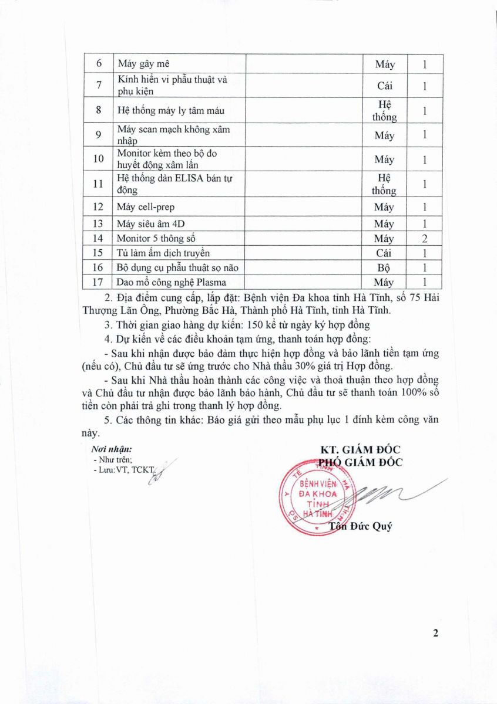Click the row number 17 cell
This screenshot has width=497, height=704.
(98, 282)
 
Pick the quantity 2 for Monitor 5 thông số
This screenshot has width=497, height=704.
(424, 238)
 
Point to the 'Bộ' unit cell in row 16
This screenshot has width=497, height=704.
(385, 268)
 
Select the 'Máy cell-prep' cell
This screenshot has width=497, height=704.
(146, 207)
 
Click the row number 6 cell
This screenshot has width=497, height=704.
(98, 65)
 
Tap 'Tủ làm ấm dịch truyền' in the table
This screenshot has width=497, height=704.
(155, 253)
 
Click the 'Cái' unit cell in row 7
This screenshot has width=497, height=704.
(385, 86)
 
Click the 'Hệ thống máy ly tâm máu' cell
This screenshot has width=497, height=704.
(170, 110)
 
